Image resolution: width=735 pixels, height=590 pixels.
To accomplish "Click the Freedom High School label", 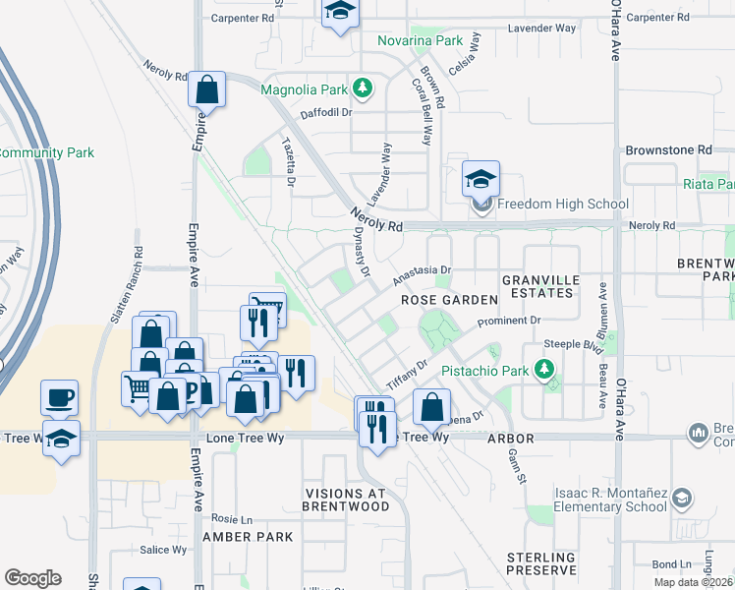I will pyautogui.click(x=562, y=205).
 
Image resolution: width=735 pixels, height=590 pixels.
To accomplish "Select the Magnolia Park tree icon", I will pyautogui.click(x=364, y=89).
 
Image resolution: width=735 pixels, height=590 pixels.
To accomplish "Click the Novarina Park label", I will pyautogui.click(x=421, y=41).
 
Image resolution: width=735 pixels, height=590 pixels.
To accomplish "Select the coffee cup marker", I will pyautogui.click(x=59, y=397).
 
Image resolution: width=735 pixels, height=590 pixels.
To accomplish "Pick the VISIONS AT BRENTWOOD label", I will pyautogui.click(x=346, y=500).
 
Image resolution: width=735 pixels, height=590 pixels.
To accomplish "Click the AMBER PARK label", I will pyautogui.click(x=248, y=537).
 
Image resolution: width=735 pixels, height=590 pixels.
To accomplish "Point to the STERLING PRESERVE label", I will pyautogui.click(x=541, y=563).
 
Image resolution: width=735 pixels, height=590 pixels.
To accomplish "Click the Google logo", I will pyautogui.click(x=32, y=578).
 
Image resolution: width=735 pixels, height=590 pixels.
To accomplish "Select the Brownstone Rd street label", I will pyautogui.click(x=668, y=150).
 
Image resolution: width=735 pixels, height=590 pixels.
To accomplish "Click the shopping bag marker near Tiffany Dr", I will pyautogui.click(x=431, y=406).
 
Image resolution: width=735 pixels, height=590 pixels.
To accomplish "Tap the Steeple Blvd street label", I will pyautogui.click(x=572, y=347).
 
